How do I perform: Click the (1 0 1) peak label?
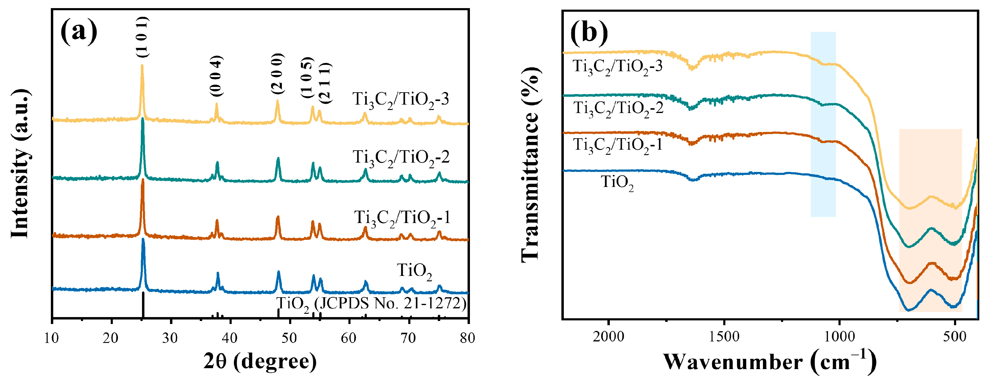(x=142, y=37)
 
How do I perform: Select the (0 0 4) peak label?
(x=216, y=76)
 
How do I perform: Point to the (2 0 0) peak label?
(x=277, y=74)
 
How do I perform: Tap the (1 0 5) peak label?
(x=307, y=77)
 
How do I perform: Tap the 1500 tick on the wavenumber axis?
(x=724, y=336)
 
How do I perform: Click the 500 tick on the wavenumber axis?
(x=954, y=336)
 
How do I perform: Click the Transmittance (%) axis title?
(x=531, y=165)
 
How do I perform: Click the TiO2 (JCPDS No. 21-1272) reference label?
(x=371, y=304)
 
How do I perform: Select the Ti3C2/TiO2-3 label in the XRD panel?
(x=400, y=99)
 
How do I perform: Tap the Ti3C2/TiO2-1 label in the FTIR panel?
(x=617, y=145)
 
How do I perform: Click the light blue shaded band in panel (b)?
(x=823, y=124)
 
